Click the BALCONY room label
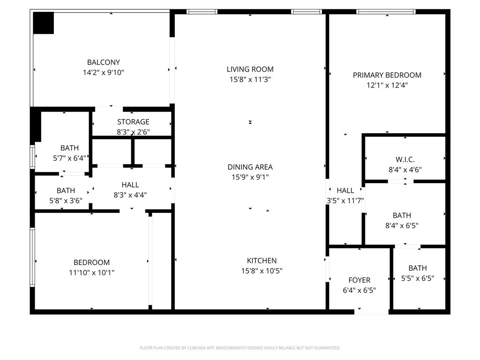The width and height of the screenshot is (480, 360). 104,62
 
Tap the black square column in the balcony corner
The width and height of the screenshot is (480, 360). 43,22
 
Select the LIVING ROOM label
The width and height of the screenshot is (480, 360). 250,69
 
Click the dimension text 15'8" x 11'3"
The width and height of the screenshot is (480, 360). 250,80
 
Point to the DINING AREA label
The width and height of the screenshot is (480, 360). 250,167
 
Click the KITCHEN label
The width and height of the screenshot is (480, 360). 262,261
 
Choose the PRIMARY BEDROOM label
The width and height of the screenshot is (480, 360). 387,75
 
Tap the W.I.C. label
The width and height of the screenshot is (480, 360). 405,160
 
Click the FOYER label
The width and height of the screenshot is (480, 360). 359,280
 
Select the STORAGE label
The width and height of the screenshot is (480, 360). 133,122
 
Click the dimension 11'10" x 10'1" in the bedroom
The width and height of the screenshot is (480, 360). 91,272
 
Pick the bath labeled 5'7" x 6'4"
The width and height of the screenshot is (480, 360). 69,158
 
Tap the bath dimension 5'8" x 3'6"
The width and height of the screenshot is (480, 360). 66,200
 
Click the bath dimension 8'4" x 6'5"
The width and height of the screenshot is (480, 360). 402,225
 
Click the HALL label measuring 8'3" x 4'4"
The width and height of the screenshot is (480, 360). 130,185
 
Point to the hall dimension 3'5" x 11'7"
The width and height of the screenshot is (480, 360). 345,201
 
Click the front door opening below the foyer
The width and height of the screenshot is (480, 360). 371,311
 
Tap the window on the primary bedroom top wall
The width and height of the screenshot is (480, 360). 386,12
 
